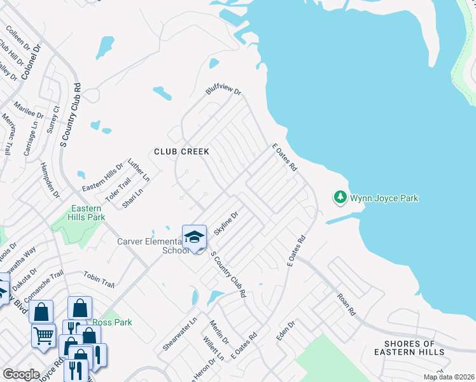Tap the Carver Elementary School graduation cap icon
click(x=194, y=237)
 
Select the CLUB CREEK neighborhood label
click(x=181, y=152)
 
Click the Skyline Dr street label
click(x=226, y=223)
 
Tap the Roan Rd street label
click(x=346, y=304)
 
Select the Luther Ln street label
click(x=139, y=169)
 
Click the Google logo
click(x=21, y=374)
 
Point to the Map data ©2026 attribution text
click(x=449, y=377)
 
